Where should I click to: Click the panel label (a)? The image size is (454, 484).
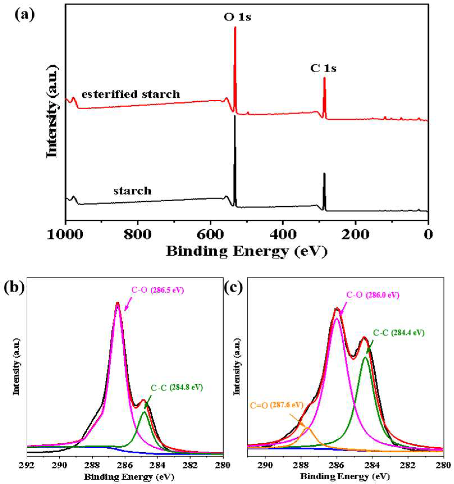25,15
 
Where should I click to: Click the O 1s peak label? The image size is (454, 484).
237,17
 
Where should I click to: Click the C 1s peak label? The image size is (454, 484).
323,69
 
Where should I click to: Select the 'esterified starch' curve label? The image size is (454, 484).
130,94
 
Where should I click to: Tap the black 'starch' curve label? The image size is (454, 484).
132,191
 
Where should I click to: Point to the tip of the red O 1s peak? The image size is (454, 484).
235,27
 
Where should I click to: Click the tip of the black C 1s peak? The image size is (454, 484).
324,174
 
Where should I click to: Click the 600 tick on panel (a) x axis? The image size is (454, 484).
210,234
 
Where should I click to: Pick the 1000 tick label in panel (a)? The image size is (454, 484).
65,234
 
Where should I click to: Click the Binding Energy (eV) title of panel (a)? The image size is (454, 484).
247,251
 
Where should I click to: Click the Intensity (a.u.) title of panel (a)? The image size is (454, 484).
52,111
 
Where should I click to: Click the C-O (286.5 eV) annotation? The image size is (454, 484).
158,290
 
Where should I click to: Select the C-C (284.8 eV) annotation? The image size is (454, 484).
177,388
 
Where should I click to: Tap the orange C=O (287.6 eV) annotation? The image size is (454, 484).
276,405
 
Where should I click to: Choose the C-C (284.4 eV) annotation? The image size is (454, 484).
398,333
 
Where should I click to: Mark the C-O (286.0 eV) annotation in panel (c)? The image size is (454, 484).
373,295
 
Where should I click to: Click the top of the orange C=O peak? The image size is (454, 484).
308,427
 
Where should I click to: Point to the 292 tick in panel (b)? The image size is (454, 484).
27,465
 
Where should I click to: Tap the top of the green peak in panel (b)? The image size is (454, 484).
145,412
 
